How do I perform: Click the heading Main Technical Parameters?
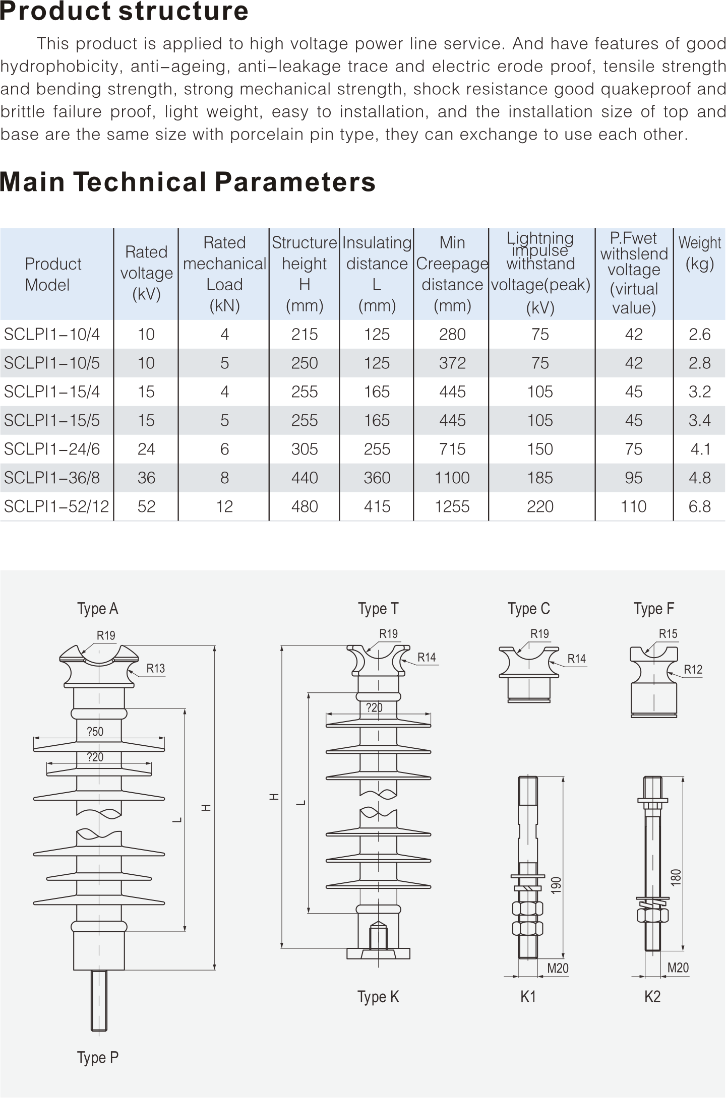click(188, 182)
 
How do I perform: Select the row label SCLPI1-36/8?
click(52, 478)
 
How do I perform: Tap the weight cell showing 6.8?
click(699, 506)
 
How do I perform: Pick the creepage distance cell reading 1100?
click(452, 478)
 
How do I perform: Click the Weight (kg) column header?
click(699, 253)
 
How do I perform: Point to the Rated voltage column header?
click(146, 273)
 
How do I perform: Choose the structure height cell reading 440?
click(305, 478)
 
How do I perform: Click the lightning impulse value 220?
click(540, 506)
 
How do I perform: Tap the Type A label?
click(98, 609)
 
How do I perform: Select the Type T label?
click(378, 609)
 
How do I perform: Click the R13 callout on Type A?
click(156, 668)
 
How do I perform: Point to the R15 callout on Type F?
click(668, 634)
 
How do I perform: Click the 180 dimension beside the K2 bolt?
click(676, 877)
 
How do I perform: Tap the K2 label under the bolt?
click(652, 997)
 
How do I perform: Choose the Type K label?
click(378, 997)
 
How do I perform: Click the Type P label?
click(98, 1057)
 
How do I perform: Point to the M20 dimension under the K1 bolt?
click(558, 968)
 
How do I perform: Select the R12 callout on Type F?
click(693, 669)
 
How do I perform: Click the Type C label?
click(529, 609)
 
